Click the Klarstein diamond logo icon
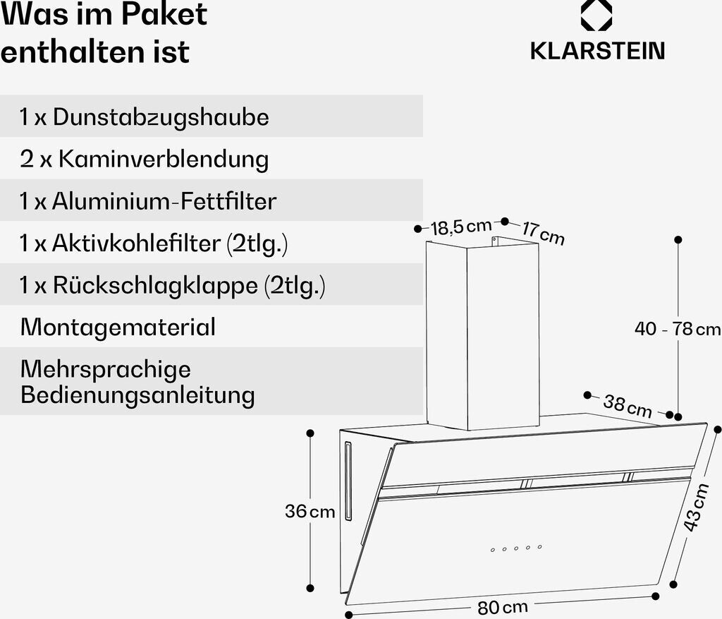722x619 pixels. click(x=596, y=16)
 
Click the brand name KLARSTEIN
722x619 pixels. click(x=598, y=51)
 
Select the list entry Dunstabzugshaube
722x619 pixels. click(x=144, y=116)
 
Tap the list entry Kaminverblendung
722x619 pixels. click(x=144, y=159)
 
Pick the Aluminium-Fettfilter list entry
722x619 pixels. click(x=148, y=201)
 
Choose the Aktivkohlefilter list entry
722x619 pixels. click(x=154, y=244)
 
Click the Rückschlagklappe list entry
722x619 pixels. click(x=173, y=285)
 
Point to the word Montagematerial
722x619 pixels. click(x=118, y=327)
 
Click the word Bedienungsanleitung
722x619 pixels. click(x=137, y=395)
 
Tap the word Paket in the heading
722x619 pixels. click(x=164, y=14)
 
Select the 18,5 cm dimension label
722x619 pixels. click(x=461, y=227)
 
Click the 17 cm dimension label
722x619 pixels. click(x=543, y=233)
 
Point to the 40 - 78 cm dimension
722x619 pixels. click(x=678, y=329)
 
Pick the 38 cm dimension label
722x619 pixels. click(x=628, y=406)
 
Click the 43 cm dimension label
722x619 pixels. click(x=695, y=507)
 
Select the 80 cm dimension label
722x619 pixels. click(x=502, y=607)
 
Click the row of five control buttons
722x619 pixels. click(x=516, y=548)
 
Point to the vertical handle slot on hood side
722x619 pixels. click(x=348, y=481)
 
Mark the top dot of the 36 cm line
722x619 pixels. click(x=310, y=433)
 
